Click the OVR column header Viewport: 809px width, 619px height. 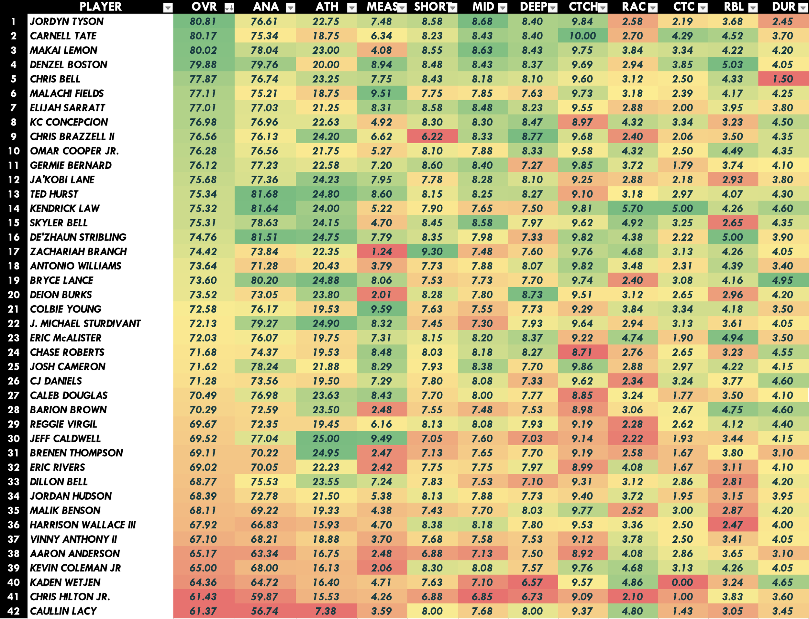click(204, 7)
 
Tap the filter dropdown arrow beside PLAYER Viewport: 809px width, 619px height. click(168, 8)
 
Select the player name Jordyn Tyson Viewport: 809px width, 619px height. click(67, 21)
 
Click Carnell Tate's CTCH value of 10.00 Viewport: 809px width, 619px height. click(582, 36)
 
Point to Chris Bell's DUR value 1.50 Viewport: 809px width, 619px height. click(782, 79)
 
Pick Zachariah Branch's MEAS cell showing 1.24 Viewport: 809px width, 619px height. click(382, 252)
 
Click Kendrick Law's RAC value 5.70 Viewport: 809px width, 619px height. click(632, 209)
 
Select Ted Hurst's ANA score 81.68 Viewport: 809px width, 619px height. click(264, 194)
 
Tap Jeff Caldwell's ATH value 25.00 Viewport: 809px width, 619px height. click(326, 439)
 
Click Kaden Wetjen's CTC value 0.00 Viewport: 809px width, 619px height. click(682, 582)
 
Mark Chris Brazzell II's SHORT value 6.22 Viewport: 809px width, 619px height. click(432, 137)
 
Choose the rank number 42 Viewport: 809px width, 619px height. click(14, 611)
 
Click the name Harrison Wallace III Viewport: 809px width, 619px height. click(83, 525)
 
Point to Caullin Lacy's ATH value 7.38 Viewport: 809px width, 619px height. click(326, 611)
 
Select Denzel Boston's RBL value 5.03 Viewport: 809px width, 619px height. click(732, 64)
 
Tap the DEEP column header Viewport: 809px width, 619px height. click(533, 7)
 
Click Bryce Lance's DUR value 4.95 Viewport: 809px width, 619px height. click(782, 280)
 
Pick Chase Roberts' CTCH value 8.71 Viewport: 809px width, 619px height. click(582, 352)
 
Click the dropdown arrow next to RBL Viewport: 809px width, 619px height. click(753, 8)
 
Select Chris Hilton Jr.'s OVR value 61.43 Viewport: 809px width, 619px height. click(203, 597)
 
